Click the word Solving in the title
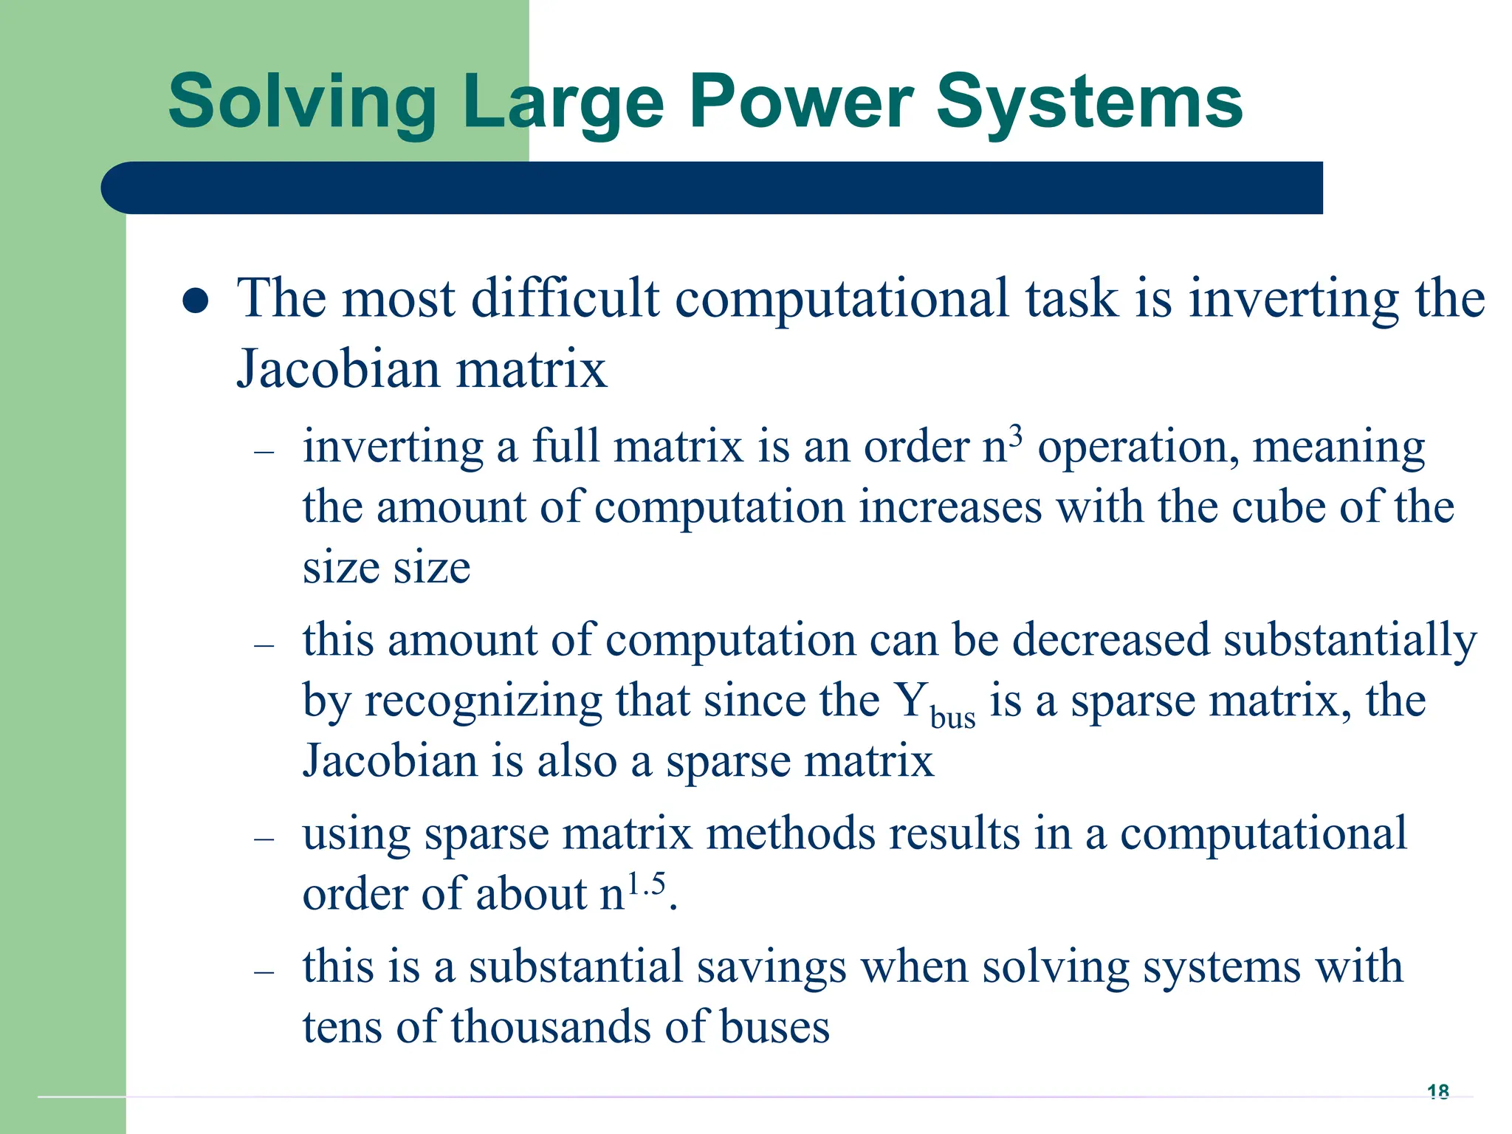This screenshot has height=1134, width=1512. [303, 103]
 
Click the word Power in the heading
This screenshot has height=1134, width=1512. [801, 102]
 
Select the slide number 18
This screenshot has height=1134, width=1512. [1437, 1090]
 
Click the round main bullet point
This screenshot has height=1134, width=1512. [195, 301]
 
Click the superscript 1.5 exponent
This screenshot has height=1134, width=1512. [646, 883]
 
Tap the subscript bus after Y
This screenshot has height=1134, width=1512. [952, 718]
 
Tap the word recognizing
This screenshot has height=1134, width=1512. [484, 701]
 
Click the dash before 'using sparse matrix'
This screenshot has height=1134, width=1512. [264, 839]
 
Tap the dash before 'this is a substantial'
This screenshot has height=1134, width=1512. [264, 972]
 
